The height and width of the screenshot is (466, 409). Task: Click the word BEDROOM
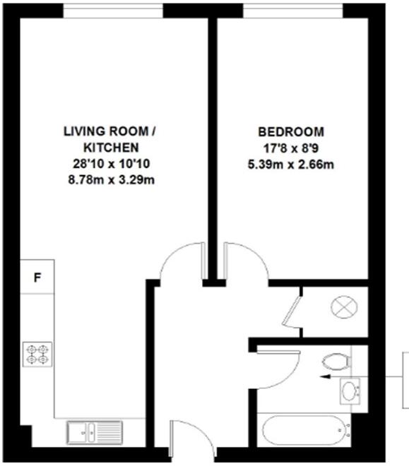[291, 131]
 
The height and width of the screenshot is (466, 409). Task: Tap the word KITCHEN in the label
[108, 148]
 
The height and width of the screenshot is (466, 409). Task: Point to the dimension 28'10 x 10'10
[108, 164]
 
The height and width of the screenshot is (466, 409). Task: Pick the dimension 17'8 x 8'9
[291, 148]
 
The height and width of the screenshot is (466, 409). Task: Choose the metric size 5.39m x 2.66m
[291, 165]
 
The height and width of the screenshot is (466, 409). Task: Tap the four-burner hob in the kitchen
[37, 353]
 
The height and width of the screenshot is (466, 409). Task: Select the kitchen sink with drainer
[95, 430]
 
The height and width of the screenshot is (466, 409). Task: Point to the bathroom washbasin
[350, 390]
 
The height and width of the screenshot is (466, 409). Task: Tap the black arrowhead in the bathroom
[323, 377]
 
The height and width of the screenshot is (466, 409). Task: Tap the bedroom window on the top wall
[292, 11]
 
